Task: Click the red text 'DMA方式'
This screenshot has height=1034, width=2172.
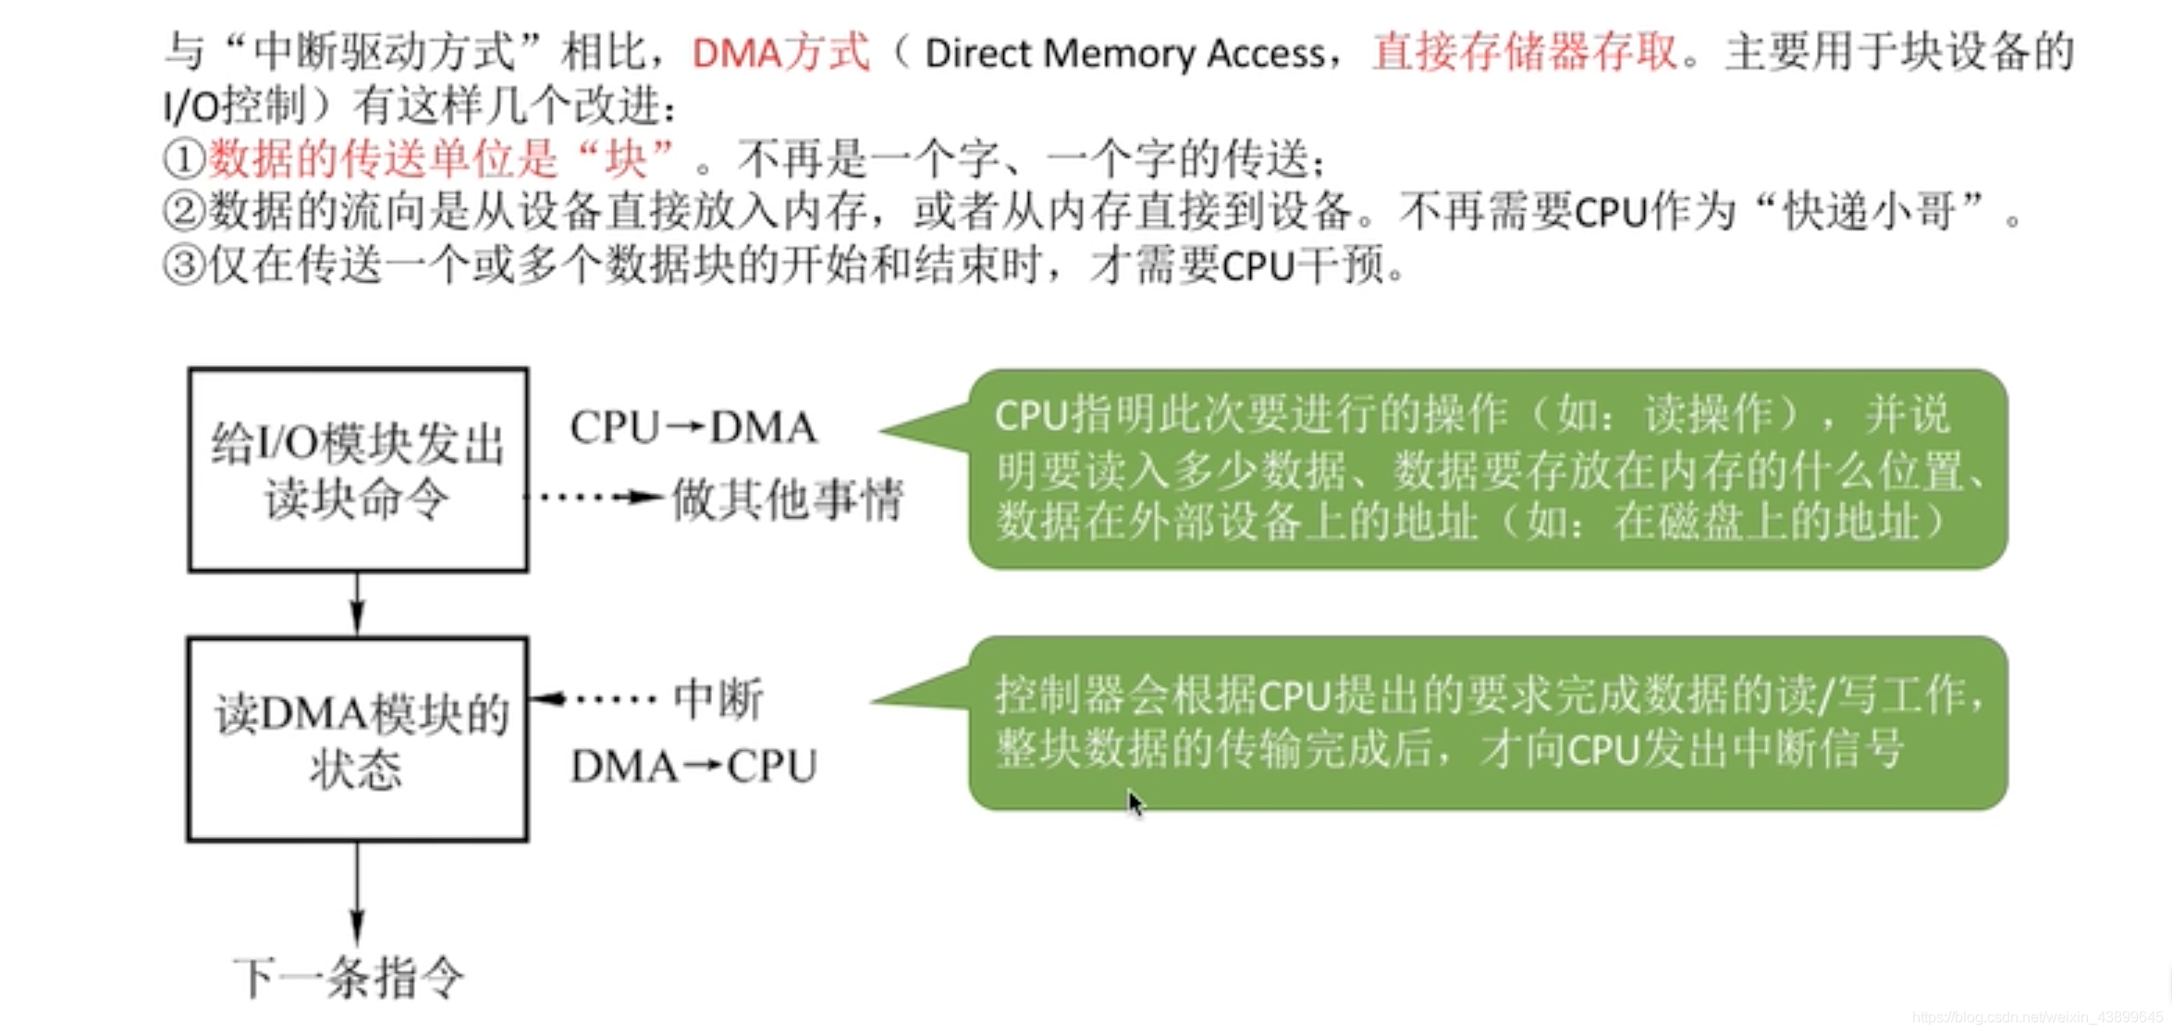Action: click(x=780, y=53)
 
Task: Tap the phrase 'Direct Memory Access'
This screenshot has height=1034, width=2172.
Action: click(x=1124, y=54)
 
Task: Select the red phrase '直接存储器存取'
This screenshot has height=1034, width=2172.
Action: click(x=1525, y=52)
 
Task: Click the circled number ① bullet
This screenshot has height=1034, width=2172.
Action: click(x=183, y=159)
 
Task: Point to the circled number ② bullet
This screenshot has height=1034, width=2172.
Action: click(x=183, y=212)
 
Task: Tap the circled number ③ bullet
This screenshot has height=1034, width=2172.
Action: click(x=183, y=266)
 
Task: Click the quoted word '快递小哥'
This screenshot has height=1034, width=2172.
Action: click(x=1869, y=212)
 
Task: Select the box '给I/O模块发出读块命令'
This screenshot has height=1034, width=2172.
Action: click(x=358, y=470)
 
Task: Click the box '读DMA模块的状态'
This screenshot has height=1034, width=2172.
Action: click(x=358, y=739)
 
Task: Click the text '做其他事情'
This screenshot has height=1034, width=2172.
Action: click(x=787, y=500)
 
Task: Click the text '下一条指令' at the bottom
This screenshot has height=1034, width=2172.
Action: click(x=349, y=979)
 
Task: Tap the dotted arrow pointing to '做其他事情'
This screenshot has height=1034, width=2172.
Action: click(x=596, y=498)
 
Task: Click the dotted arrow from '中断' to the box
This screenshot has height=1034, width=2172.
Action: click(x=596, y=698)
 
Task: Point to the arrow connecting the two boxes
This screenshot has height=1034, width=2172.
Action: click(x=357, y=604)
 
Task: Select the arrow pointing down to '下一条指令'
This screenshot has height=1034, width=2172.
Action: click(x=357, y=892)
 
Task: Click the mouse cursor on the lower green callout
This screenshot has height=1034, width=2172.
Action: click(x=1135, y=803)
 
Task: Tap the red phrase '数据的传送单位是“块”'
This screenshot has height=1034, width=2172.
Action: click(x=442, y=159)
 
